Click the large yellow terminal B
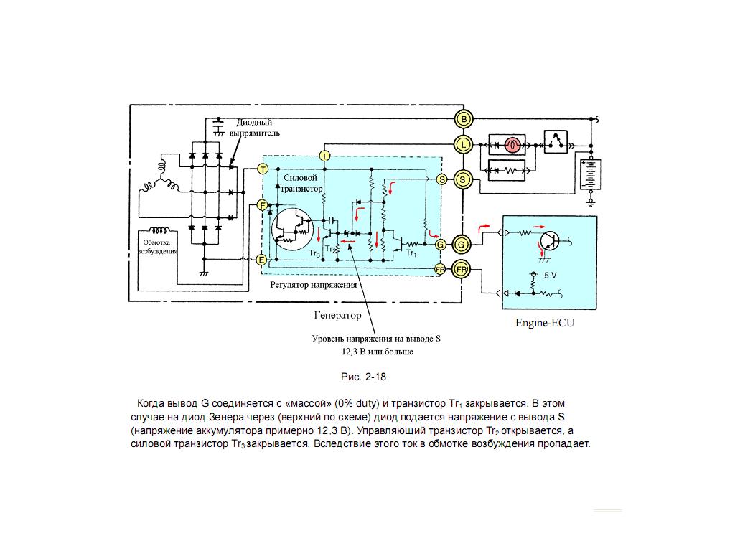464,119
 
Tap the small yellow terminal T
263,169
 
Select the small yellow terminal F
263,204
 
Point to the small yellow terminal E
262,260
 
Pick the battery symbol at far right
591,175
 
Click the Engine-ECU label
544,322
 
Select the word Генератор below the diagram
337,316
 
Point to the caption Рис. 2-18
364,377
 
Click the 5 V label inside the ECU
551,275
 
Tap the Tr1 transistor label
411,253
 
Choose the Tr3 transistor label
314,254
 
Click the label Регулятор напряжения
313,285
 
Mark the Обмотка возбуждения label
157,247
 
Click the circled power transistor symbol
292,228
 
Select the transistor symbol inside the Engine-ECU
549,241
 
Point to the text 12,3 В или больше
378,352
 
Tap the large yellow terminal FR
462,270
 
